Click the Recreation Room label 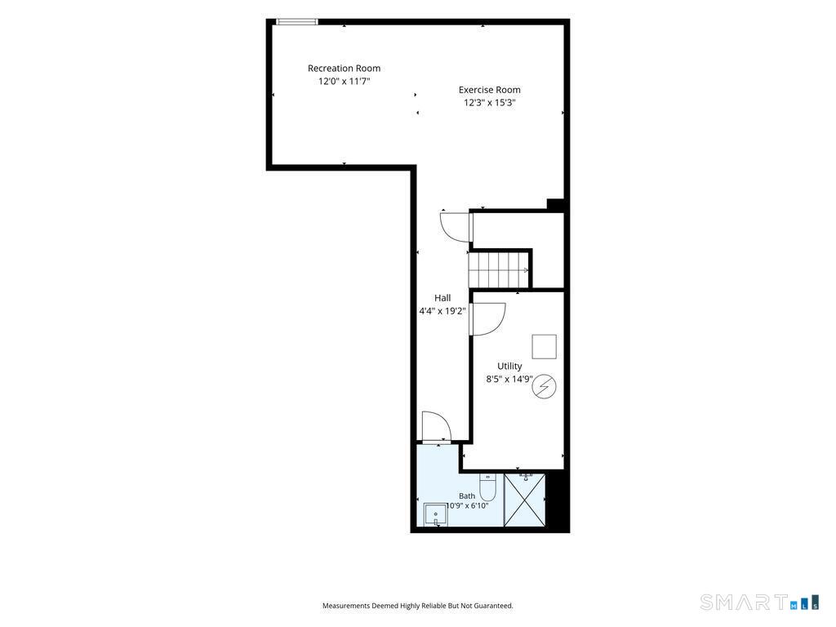pyautogui.click(x=344, y=69)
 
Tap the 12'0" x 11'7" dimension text pyautogui.click(x=344, y=81)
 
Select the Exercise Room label pyautogui.click(x=490, y=90)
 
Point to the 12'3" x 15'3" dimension pyautogui.click(x=490, y=102)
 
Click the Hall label pyautogui.click(x=442, y=298)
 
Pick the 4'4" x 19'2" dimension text pyautogui.click(x=442, y=311)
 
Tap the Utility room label pyautogui.click(x=509, y=367)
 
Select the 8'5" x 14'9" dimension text pyautogui.click(x=509, y=379)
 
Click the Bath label pyautogui.click(x=467, y=496)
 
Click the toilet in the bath pyautogui.click(x=488, y=486)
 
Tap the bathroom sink pyautogui.click(x=436, y=514)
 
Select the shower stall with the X pyautogui.click(x=525, y=500)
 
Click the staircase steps pyautogui.click(x=499, y=269)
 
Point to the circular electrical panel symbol pyautogui.click(x=544, y=386)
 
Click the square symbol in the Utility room pyautogui.click(x=545, y=346)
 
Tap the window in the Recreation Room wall pyautogui.click(x=297, y=22)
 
